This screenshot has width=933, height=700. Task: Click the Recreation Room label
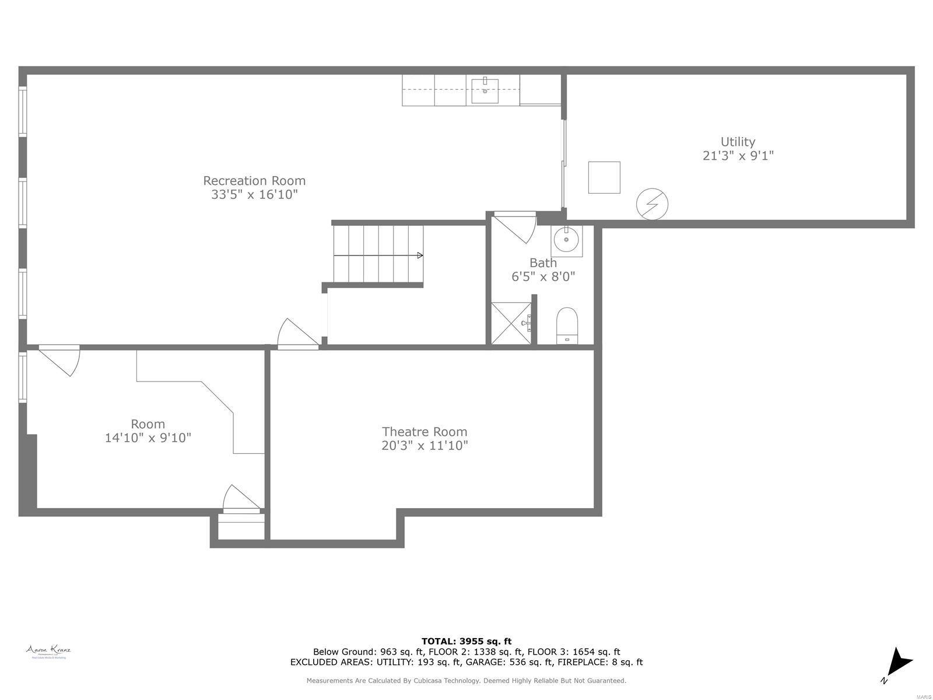tap(254, 181)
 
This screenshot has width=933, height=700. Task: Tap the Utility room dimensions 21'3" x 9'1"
tap(738, 156)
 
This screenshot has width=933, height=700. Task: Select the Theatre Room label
tap(425, 432)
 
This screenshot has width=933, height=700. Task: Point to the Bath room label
tap(543, 262)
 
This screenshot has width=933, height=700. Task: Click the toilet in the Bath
tap(567, 325)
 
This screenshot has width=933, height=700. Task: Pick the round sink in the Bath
tap(566, 239)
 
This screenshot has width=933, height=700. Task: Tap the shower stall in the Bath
tap(511, 323)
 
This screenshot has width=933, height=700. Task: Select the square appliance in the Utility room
tap(604, 177)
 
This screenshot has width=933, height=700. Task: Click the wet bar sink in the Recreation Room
tap(485, 90)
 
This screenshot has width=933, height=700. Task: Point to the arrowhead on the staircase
tap(420, 255)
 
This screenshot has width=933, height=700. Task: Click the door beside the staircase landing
tap(296, 335)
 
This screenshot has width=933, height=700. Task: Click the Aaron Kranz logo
tap(48, 652)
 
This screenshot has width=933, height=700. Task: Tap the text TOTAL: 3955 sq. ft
tap(466, 641)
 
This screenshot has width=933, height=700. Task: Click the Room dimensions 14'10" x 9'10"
tap(148, 437)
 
